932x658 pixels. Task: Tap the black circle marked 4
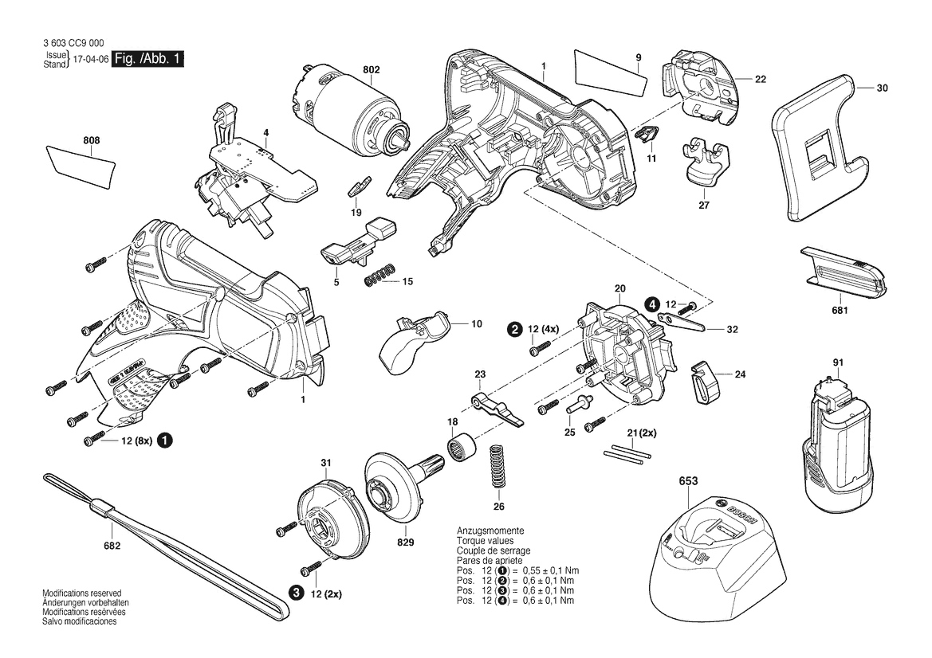click(x=652, y=304)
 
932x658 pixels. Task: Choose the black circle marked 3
click(x=296, y=592)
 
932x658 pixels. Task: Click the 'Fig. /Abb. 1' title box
click(x=148, y=59)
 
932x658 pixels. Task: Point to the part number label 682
click(x=112, y=546)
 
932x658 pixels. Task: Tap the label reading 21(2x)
click(x=640, y=433)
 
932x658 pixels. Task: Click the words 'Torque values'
click(x=483, y=540)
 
